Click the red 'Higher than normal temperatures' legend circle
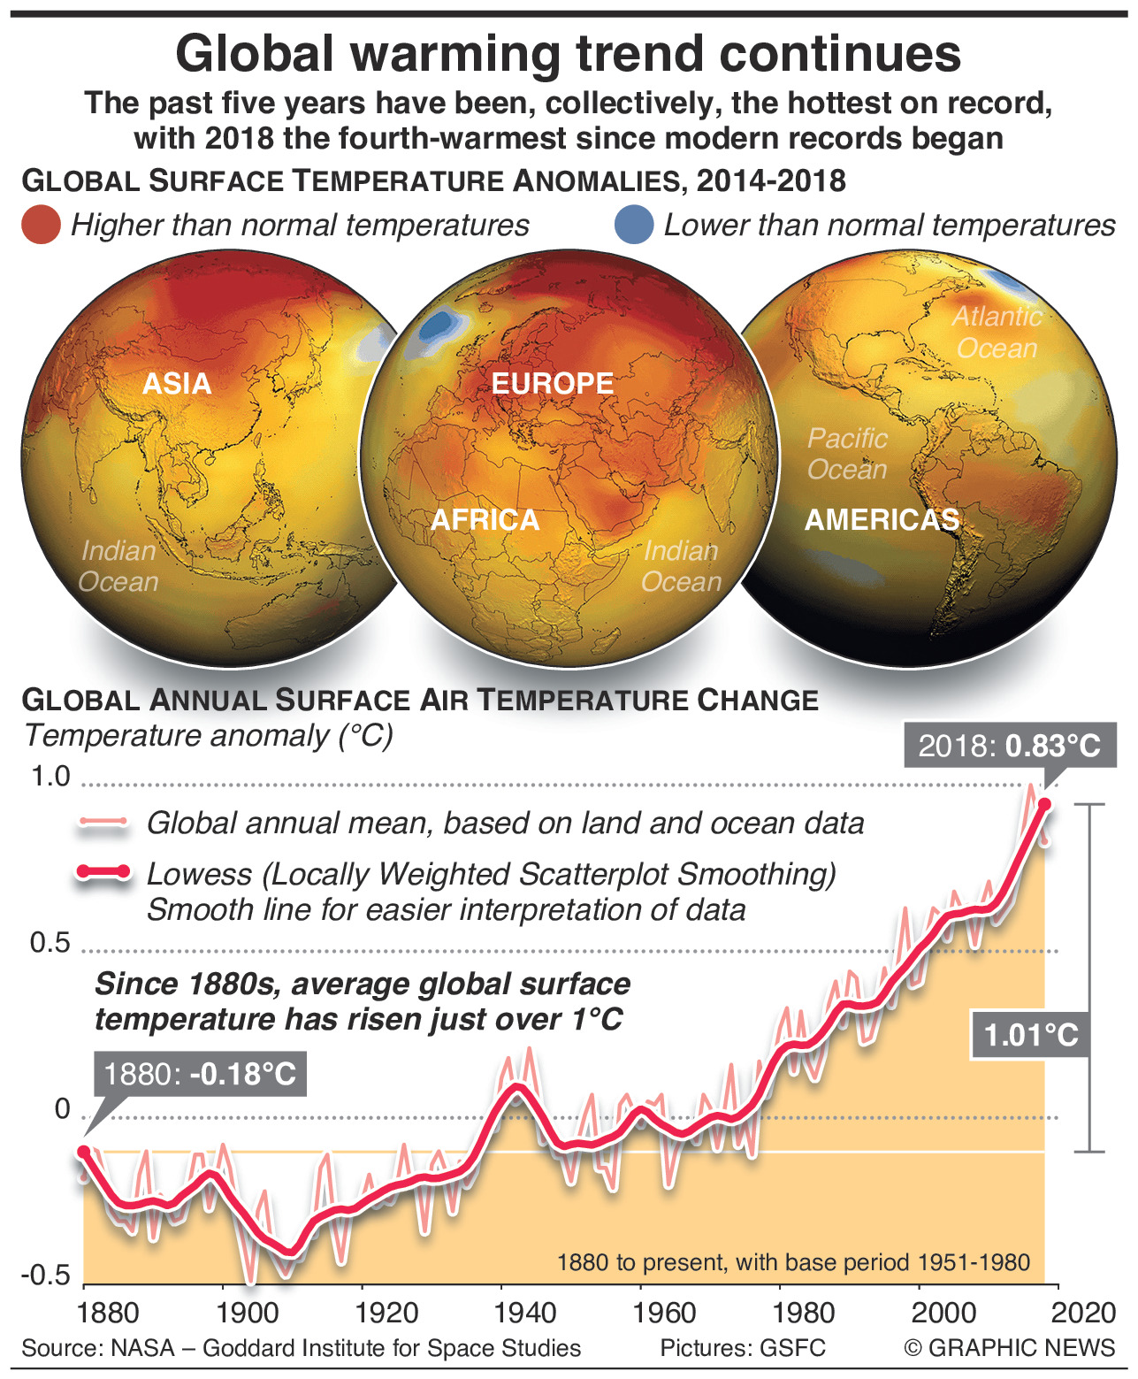(41, 225)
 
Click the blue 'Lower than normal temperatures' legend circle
(634, 225)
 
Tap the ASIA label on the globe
(177, 384)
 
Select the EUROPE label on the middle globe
(553, 384)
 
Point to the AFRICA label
(485, 520)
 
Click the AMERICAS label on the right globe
(882, 520)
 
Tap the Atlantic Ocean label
(997, 333)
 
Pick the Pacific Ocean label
(847, 454)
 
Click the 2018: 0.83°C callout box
(1009, 746)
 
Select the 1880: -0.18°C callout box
(200, 1074)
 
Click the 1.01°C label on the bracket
(1031, 1034)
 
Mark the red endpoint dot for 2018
(1044, 804)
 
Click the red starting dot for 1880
(84, 1151)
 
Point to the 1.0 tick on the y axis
(50, 777)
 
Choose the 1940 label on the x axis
(527, 1313)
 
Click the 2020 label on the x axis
(1083, 1313)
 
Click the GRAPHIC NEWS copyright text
(1010, 1348)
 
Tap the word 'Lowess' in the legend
(200, 874)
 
